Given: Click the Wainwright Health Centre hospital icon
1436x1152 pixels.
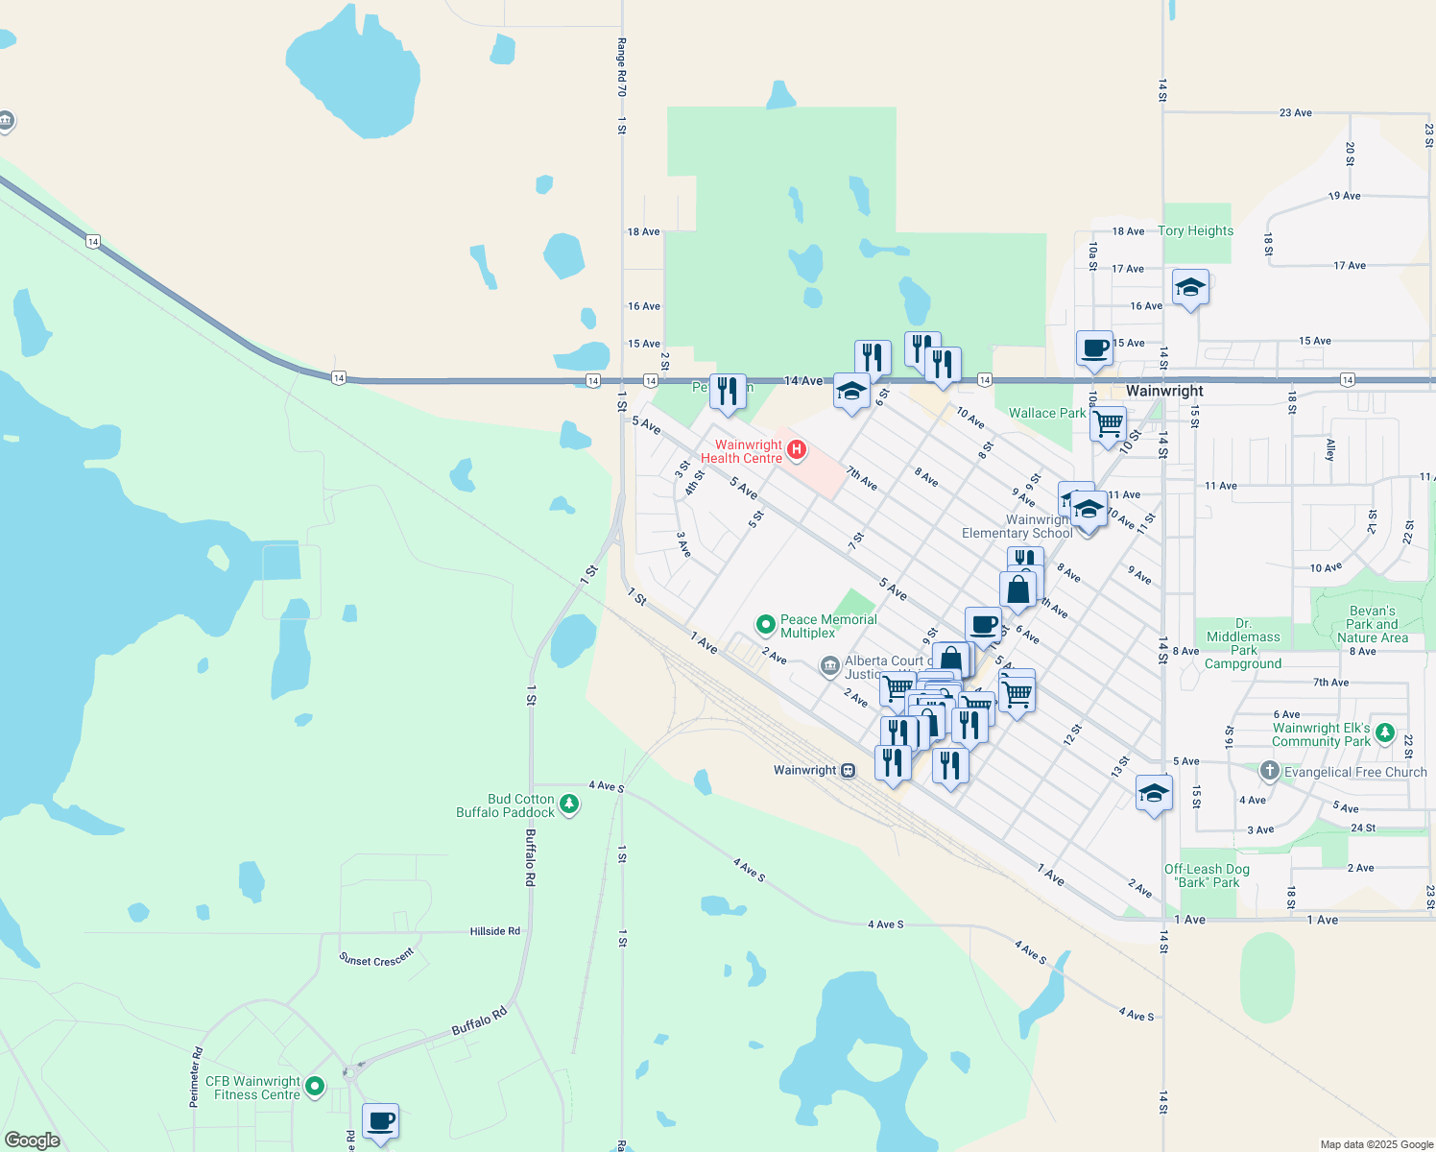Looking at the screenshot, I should coord(796,449).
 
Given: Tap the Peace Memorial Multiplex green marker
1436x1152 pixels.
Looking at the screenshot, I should coord(766,625).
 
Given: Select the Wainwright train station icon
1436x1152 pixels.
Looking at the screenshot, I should coord(848,770).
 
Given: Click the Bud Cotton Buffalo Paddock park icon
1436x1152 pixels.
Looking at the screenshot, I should coord(569,804).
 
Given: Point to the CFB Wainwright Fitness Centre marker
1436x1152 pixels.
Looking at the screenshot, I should coord(315,1087).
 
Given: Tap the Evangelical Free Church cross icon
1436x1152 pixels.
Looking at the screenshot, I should coord(1269,771).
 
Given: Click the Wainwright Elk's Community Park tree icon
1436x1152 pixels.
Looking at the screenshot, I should coord(1384,733).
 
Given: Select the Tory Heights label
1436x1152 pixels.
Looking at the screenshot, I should coord(1195,230).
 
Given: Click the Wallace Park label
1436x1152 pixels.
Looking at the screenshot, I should coord(1046,413).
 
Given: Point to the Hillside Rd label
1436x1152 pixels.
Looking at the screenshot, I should coord(494,931).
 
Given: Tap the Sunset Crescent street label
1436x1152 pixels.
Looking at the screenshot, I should coord(376,957).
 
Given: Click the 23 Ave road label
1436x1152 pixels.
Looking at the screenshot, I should coord(1295,112).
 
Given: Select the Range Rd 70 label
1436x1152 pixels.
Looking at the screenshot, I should coord(621,67).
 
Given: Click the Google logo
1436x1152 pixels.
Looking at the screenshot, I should coord(33,1140).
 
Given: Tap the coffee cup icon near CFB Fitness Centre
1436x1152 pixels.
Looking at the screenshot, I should coord(380,1120).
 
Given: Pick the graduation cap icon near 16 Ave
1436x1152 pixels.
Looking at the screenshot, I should coord(1190,287).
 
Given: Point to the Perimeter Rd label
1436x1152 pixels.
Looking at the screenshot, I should coord(195,1077).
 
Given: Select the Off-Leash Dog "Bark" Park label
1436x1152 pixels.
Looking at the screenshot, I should coord(1207,876).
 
